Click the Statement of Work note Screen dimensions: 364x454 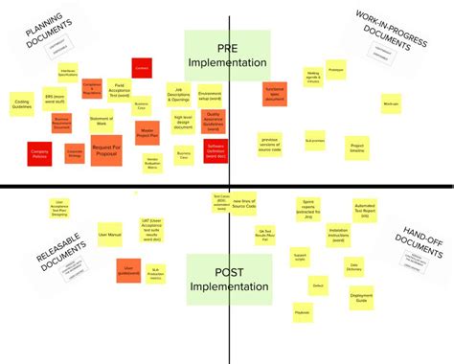point(102,122)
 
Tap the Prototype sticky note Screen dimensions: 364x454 point(335,71)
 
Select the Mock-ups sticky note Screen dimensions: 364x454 point(390,102)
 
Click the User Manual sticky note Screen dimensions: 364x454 point(109,233)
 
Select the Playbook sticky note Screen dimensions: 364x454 point(303,312)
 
